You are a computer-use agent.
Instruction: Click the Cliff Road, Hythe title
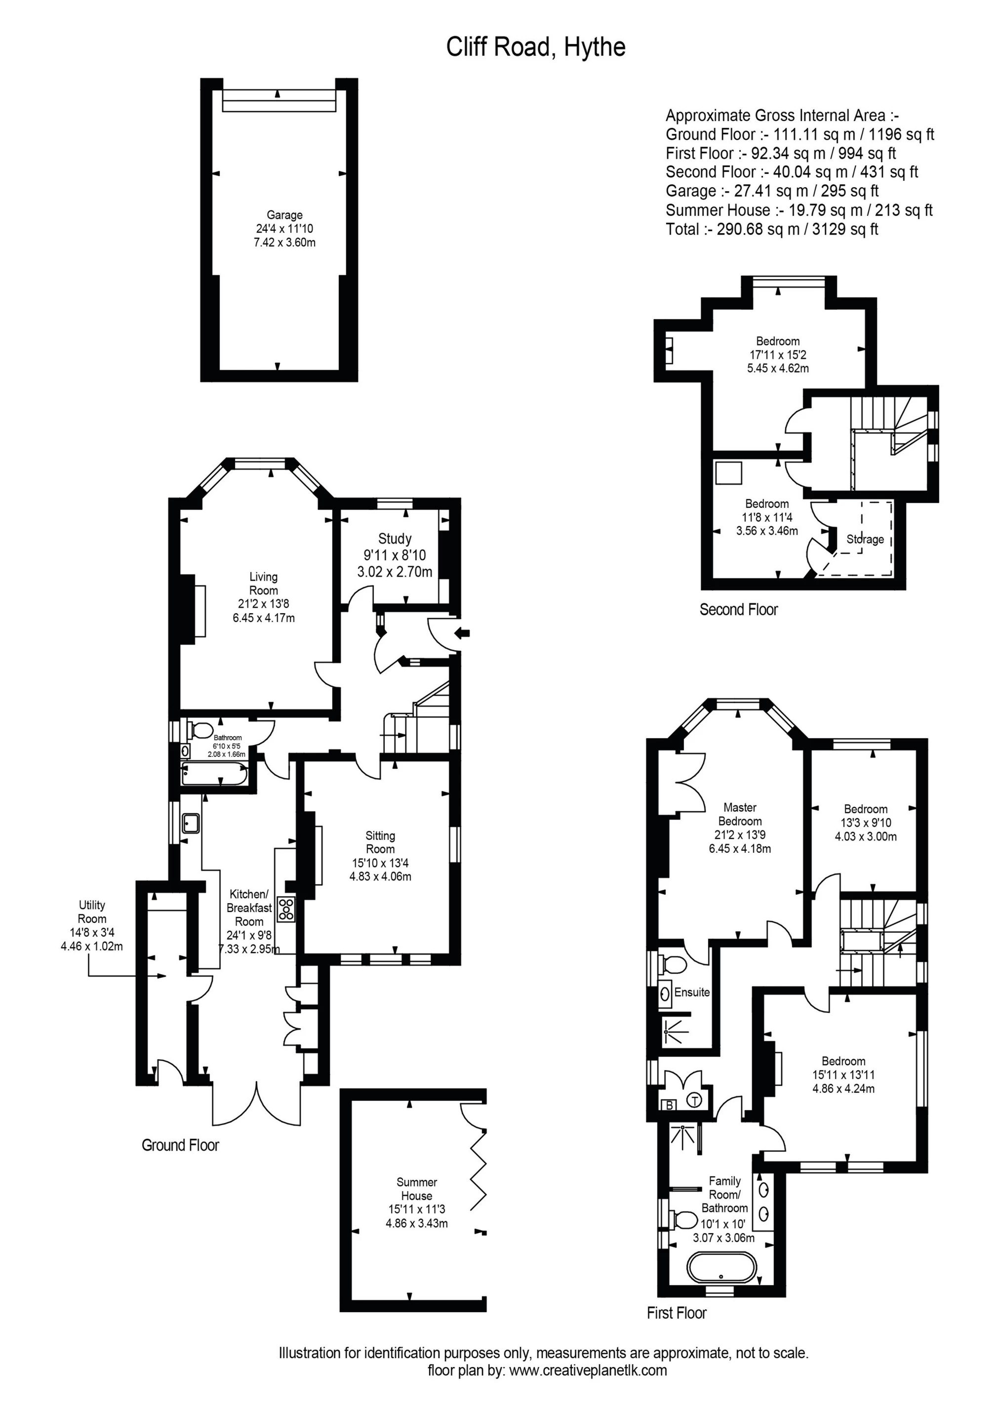pos(535,47)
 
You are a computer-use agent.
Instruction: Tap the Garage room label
pos(284,215)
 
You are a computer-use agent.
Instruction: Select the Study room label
pos(395,539)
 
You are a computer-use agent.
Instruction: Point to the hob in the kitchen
pos(286,909)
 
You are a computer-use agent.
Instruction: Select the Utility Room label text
pos(92,912)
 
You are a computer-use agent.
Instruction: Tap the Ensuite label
pos(691,992)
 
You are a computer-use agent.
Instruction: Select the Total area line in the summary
pos(771,229)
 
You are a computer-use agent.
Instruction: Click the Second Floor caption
pos(738,610)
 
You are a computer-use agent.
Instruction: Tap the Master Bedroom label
pos(739,814)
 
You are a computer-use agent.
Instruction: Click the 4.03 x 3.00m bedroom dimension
pos(865,836)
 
